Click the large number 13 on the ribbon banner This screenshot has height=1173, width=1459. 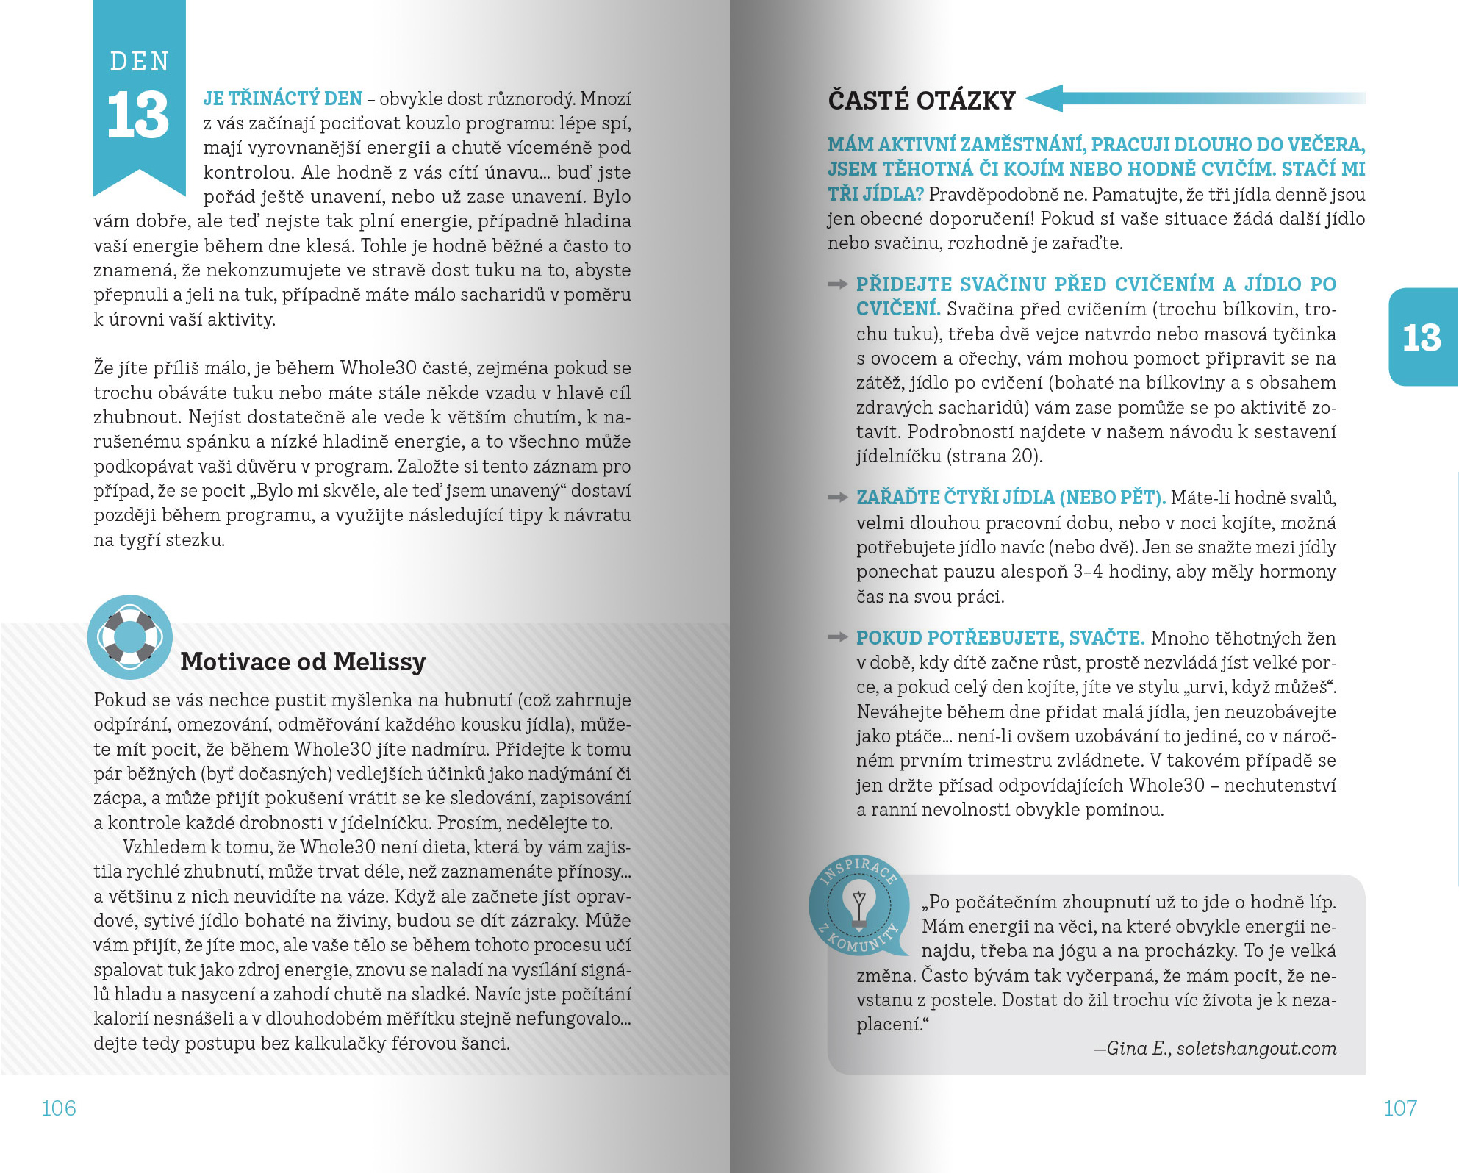138,115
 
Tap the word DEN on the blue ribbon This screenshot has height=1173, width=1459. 140,61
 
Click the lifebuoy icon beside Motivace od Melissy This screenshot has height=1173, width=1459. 130,636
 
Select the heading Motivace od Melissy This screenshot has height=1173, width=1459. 303,661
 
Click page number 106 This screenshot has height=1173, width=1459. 59,1108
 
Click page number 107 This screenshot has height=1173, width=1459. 1400,1108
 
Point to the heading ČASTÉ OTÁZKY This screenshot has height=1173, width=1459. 922,100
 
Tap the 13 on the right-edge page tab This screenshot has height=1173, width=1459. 1422,337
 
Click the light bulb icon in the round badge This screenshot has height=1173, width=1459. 858,906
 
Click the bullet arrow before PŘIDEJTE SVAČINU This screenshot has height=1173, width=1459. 837,284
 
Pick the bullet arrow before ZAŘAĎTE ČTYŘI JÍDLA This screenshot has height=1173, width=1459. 837,498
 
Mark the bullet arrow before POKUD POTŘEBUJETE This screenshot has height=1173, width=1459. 837,637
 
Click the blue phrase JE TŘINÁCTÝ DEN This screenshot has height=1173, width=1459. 283,98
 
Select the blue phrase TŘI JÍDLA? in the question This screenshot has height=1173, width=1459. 875,194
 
